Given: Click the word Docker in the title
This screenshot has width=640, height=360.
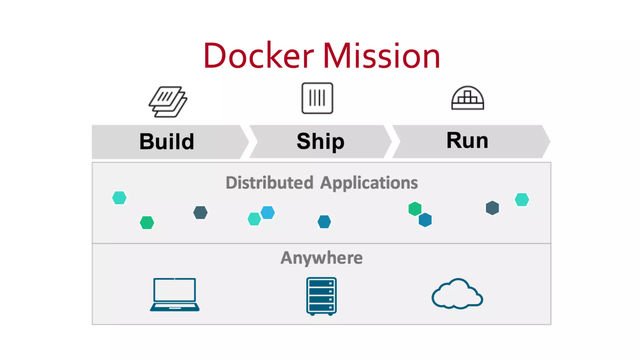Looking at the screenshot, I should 258,56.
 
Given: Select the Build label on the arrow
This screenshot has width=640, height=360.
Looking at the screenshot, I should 167,142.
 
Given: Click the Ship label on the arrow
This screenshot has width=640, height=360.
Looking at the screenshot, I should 320,141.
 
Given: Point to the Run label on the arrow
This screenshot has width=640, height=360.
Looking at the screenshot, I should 467,140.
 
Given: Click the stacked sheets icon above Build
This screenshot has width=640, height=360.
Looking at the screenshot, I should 168,102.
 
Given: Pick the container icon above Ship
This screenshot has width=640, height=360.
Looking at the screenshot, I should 317,98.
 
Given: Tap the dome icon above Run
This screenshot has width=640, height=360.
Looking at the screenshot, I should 467,98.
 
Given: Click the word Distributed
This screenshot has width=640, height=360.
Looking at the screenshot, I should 269,182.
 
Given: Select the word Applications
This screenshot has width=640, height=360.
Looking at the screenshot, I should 369,183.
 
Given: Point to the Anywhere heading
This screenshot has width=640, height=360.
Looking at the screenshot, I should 322,258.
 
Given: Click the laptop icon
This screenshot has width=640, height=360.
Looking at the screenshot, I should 175,295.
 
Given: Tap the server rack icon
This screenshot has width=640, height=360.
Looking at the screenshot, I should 321,296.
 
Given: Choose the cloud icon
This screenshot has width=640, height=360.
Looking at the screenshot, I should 457,294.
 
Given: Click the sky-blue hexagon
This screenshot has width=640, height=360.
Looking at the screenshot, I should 268,212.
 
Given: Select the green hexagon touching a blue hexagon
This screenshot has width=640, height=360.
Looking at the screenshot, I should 415,208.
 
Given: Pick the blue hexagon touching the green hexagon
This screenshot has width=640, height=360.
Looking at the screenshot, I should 425,220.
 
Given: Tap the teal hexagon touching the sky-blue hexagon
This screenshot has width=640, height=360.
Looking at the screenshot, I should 254,219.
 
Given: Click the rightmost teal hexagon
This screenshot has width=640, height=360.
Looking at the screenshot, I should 522,200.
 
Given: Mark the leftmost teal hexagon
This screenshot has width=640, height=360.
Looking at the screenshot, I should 119,198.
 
